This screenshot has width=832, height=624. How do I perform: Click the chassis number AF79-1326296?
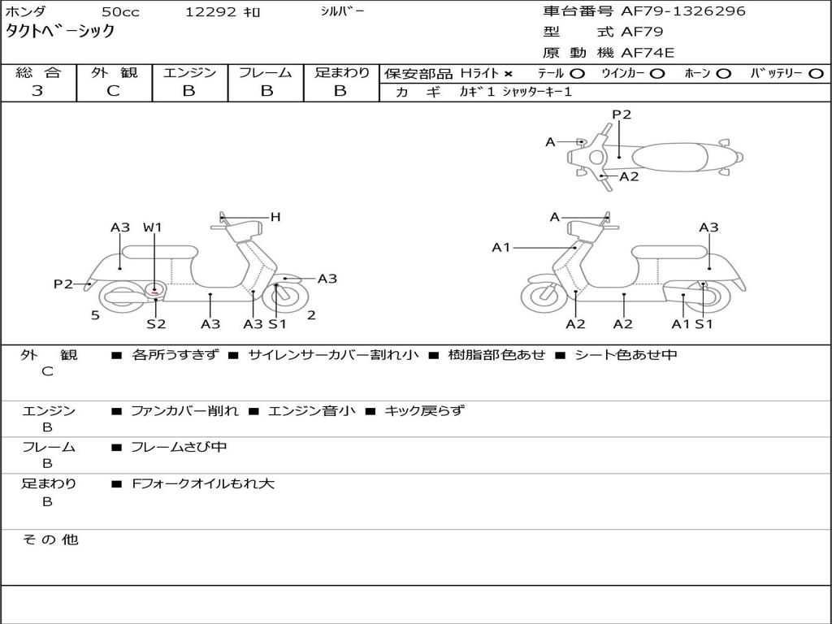tap(682, 11)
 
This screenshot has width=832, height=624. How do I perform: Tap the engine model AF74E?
tap(648, 53)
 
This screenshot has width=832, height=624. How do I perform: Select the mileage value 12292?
tap(210, 11)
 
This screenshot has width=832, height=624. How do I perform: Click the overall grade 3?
tap(37, 91)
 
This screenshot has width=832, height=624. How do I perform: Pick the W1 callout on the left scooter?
tap(152, 227)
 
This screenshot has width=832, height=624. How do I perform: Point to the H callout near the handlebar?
tap(275, 217)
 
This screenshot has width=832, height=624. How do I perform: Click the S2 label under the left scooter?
tap(156, 323)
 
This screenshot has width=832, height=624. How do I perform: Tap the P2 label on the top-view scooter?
tap(622, 115)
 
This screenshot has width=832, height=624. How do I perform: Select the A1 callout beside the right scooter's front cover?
tap(500, 247)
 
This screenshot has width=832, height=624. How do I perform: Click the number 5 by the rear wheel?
tap(95, 316)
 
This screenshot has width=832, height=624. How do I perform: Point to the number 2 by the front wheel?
tap(311, 315)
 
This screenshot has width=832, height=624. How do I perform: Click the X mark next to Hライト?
tap(509, 74)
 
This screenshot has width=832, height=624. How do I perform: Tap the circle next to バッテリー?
tap(816, 74)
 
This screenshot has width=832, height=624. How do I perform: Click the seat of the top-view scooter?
tap(669, 158)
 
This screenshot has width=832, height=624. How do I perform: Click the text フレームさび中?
tap(179, 448)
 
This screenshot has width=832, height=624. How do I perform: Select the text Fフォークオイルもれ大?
tap(202, 484)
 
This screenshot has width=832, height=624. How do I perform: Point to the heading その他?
tap(50, 539)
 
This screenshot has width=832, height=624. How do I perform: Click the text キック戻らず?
tap(424, 410)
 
